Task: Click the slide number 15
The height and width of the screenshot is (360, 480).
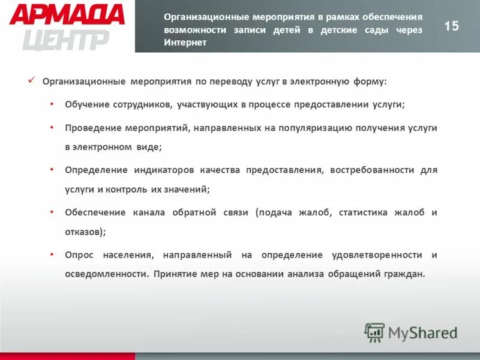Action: [x=452, y=26]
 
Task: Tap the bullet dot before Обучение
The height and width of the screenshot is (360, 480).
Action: [x=52, y=104]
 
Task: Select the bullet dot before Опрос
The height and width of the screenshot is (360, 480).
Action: [x=52, y=254]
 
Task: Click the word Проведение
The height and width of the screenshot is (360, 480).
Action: [x=93, y=128]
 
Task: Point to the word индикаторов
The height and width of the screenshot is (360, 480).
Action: [x=161, y=170]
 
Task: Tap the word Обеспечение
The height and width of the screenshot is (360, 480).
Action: [x=95, y=212]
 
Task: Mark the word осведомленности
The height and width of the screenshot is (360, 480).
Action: [x=106, y=274]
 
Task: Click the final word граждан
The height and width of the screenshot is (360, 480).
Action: [x=407, y=274]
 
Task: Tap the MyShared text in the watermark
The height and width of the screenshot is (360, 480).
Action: [x=422, y=332]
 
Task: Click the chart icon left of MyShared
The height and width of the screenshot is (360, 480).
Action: [x=375, y=332]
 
